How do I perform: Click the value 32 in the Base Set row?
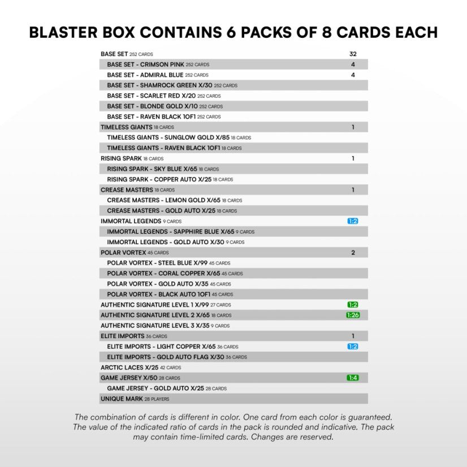coord(353,54)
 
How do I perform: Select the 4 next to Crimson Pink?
coord(353,64)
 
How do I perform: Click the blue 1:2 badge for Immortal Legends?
coord(353,221)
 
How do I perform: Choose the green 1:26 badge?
coord(353,315)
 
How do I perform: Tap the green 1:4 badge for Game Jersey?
coord(353,378)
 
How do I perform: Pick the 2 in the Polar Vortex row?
coord(353,253)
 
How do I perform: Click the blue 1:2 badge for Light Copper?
coord(353,347)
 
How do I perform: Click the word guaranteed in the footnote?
coord(362,417)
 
